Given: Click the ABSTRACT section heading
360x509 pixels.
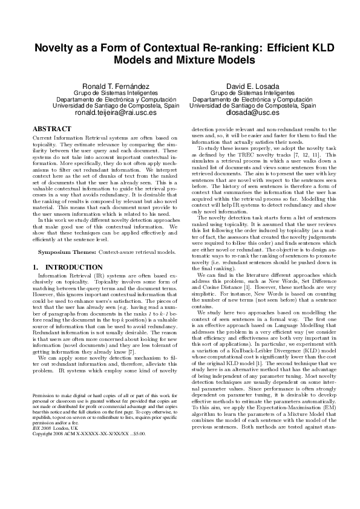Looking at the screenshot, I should pyautogui.click(x=52, y=129).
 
